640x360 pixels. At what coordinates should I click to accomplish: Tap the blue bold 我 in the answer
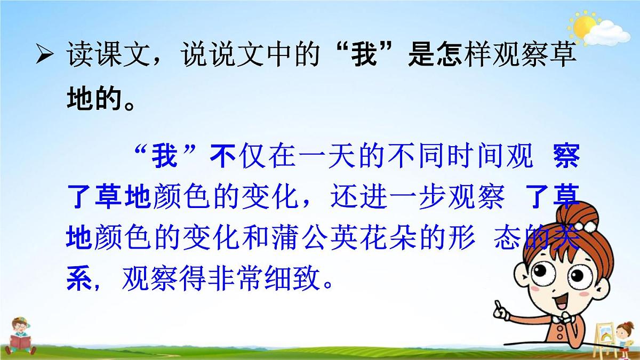click(x=164, y=158)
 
